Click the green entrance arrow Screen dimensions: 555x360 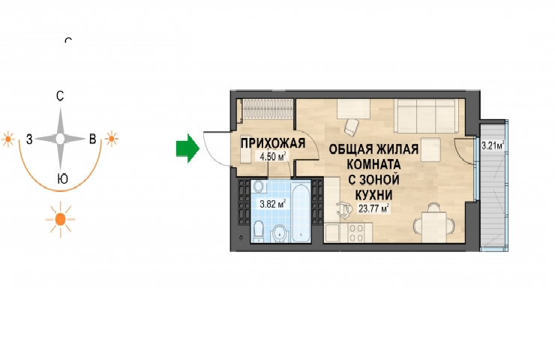pos(188,148)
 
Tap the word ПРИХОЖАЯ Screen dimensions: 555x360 pos(273,143)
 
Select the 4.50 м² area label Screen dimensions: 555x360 pos(272,156)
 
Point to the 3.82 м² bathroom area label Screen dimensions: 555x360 pos(272,204)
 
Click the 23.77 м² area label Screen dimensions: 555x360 pos(373,208)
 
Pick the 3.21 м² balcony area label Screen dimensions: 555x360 pos(492,145)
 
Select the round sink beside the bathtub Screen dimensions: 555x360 pos(280,234)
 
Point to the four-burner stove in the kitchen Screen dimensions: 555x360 pos(356,233)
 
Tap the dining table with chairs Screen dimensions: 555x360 pos(434,223)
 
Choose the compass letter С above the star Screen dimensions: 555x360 pos(60,96)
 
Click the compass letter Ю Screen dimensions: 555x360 pos(63,179)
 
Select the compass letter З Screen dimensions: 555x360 pos(29,139)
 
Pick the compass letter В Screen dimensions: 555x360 pos(92,139)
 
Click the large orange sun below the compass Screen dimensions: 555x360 pos(61,220)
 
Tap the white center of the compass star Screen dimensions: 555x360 pos(60,139)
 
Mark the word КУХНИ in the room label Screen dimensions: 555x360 pos(373,195)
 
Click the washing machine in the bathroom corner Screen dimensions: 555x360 pos(258,186)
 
